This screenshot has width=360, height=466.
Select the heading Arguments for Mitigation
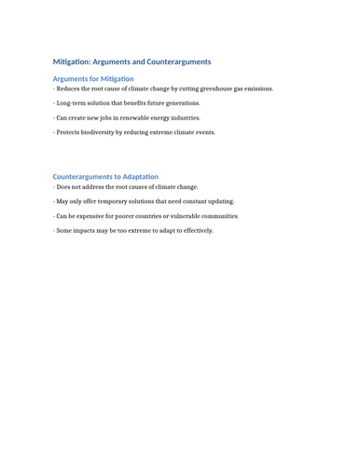tap(93, 79)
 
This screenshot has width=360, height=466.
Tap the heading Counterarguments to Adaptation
tap(105, 176)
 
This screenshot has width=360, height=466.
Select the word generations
tap(182, 103)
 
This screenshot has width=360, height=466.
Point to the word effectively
tap(196, 230)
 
